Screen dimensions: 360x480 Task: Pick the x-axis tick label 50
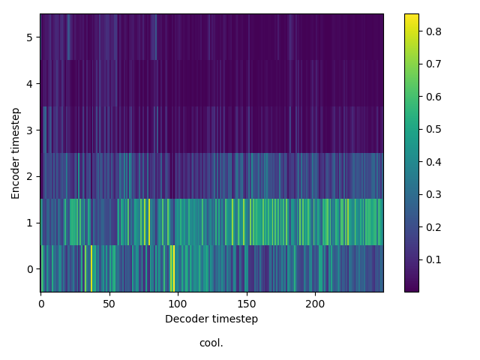pos(109,304)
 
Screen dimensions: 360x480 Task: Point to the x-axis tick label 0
pos(41,304)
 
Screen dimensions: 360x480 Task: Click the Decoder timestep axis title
pos(211,319)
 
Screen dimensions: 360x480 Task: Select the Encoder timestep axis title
pos(16,153)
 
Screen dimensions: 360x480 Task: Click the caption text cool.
pos(211,343)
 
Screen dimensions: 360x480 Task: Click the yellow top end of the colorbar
pos(412,16)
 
